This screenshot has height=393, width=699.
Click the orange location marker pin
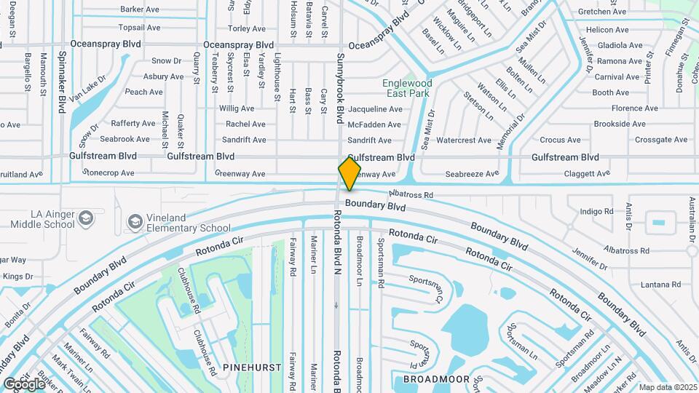[349, 173]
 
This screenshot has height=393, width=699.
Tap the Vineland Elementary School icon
[134, 221]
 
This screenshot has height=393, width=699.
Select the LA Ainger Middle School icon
[86, 218]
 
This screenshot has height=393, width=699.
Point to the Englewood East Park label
[407, 89]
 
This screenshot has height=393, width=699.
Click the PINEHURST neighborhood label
[252, 368]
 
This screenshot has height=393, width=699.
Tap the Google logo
[23, 384]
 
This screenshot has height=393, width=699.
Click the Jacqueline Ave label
[375, 109]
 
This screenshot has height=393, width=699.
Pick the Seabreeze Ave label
[472, 174]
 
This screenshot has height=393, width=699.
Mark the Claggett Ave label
[588, 174]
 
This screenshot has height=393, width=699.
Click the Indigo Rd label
[597, 212]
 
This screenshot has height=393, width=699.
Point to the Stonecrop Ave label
[108, 173]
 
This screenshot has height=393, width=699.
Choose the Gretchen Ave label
[602, 12]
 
